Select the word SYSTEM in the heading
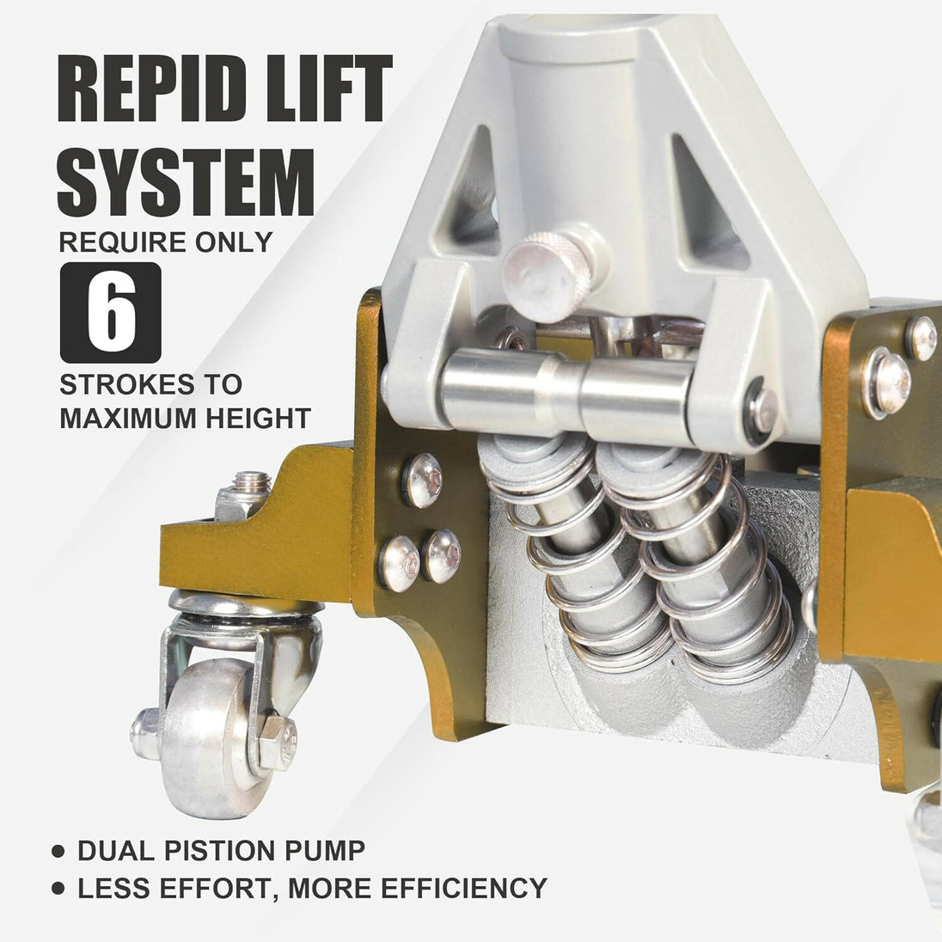pyautogui.click(x=186, y=182)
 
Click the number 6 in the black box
pyautogui.click(x=111, y=313)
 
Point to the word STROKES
pyautogui.click(x=126, y=384)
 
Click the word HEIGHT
pyautogui.click(x=259, y=418)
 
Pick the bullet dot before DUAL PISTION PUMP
pyautogui.click(x=58, y=851)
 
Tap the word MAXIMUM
pyautogui.click(x=128, y=418)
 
